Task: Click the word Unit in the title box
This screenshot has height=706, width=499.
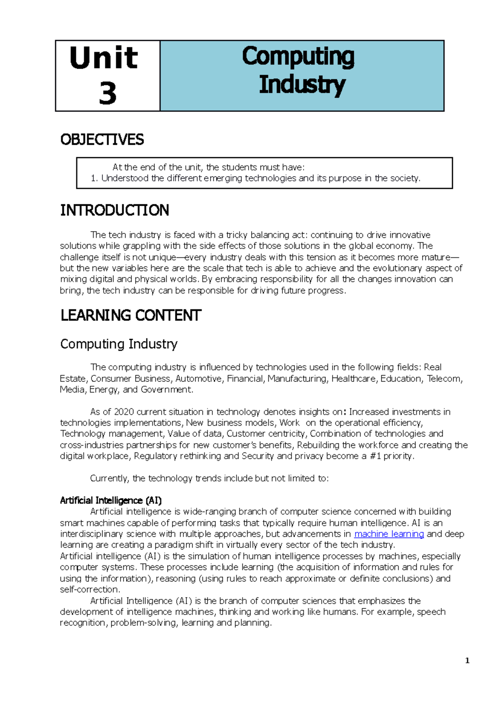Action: (x=104, y=58)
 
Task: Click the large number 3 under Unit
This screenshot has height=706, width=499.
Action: (x=108, y=93)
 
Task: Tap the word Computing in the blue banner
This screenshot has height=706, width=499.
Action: (x=298, y=57)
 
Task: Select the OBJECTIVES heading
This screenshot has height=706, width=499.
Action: (x=102, y=140)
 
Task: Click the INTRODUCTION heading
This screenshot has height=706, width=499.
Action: (x=114, y=210)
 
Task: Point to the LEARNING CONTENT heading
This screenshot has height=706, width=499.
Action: (x=131, y=316)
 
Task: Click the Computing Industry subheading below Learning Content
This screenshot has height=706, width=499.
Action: (x=119, y=344)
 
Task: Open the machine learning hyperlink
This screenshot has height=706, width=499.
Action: (x=389, y=534)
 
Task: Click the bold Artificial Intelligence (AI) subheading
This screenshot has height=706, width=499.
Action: (x=111, y=500)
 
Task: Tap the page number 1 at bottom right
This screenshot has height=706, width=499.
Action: (x=467, y=661)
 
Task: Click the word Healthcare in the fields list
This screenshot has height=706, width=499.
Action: (x=353, y=379)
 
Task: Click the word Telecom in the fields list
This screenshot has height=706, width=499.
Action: (x=444, y=379)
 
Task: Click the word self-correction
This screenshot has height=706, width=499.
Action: (x=89, y=590)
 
